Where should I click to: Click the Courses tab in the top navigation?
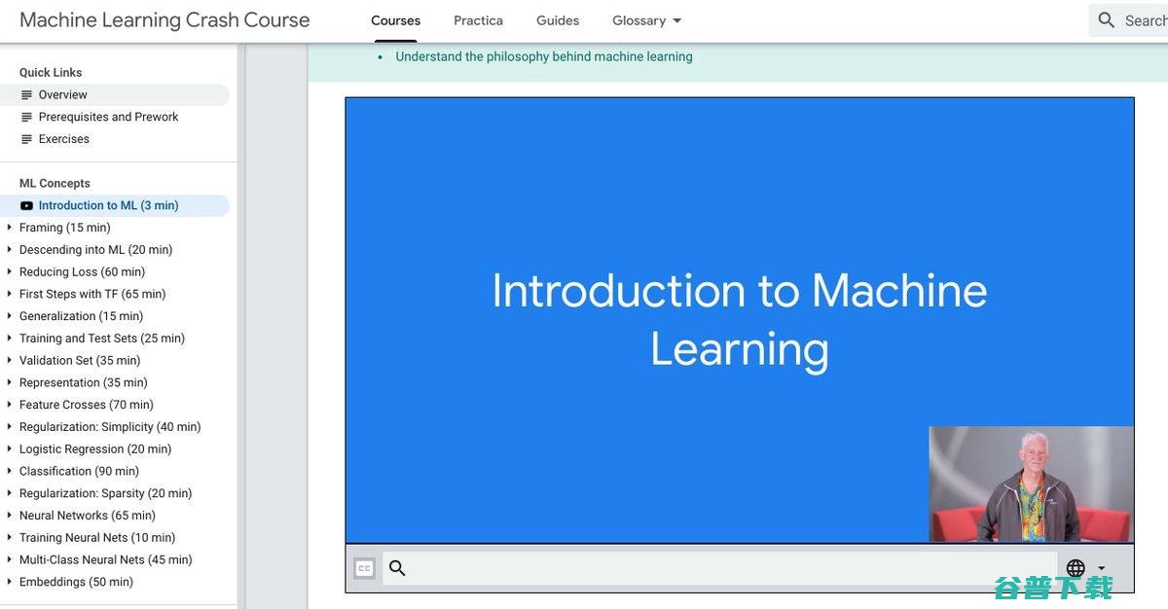point(395,20)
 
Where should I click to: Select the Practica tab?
point(478,20)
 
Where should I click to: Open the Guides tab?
point(558,20)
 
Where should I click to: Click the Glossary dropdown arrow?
point(676,20)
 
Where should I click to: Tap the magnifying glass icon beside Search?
point(1106,20)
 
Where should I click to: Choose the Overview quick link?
point(62,94)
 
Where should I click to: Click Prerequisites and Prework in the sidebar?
point(108,117)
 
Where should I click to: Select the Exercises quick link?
point(63,139)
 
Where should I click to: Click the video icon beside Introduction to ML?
point(26,206)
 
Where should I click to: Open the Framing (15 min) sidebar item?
point(64,228)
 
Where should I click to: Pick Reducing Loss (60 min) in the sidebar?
point(82,272)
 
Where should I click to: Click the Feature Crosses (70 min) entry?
point(86,405)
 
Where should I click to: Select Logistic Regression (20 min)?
point(95,449)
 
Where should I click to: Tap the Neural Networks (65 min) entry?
point(87,516)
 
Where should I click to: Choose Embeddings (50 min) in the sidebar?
point(76,582)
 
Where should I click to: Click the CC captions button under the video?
point(364,568)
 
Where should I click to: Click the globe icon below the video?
point(1076,567)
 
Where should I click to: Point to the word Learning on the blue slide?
point(740,349)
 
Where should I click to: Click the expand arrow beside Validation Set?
point(9,360)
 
